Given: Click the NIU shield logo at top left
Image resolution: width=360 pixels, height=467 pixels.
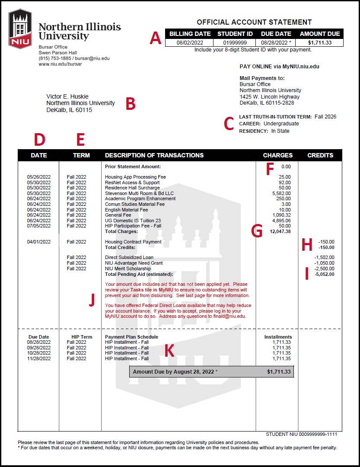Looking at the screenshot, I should tap(20, 29).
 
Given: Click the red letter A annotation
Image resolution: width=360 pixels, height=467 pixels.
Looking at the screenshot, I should tap(156, 38).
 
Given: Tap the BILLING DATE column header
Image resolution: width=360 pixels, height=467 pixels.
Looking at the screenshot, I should tap(190, 34).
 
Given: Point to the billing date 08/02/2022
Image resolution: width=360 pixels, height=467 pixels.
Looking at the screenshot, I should tap(190, 43).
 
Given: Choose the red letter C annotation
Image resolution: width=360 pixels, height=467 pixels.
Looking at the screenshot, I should tap(229, 124).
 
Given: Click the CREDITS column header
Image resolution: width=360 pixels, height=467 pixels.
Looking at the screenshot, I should tap(320, 155).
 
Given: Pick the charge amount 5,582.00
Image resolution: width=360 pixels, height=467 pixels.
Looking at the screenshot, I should tap(281, 193).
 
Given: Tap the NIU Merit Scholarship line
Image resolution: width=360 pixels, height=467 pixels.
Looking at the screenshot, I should tap(128, 269).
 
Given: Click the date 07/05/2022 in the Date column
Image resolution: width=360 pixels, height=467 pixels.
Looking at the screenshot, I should tap(39, 226).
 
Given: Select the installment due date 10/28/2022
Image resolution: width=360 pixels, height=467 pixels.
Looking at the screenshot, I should tap(39, 353).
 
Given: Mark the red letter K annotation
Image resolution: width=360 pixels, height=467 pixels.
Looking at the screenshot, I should tap(169, 351).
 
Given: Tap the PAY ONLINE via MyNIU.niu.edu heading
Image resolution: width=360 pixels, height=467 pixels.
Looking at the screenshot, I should tap(279, 67).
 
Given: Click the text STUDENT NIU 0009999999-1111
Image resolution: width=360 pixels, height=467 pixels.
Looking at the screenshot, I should tap(301, 434).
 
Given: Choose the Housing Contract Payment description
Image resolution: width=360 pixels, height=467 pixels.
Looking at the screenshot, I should tap(133, 242).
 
